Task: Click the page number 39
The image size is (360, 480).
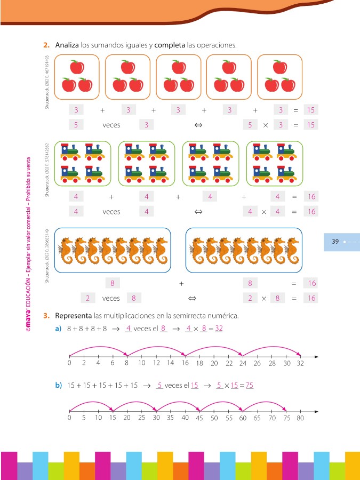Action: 335,242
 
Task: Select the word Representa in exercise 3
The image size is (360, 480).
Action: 74,315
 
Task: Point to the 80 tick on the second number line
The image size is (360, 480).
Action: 300,412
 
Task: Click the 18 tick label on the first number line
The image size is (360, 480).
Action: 199,363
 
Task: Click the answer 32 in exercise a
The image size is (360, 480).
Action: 219,329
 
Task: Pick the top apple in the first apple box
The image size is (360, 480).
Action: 78,67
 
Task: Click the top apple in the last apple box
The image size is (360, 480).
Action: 279,67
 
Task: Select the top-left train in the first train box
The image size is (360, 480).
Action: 71,151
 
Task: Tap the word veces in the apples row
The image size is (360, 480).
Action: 111,125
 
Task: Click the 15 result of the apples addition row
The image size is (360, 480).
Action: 311,110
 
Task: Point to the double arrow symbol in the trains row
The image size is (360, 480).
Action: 198,212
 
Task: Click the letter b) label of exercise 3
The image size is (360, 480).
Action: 59,385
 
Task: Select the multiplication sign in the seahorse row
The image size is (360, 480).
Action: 263,298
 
